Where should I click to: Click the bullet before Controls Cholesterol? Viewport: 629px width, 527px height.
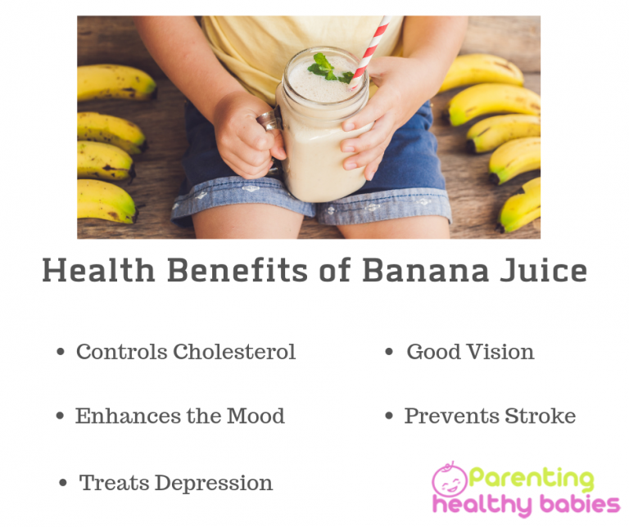[x=60, y=353]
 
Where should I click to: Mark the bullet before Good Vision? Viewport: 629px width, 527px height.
[x=390, y=353]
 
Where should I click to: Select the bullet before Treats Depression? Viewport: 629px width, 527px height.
[x=63, y=484]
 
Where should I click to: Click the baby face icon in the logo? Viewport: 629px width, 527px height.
[x=450, y=480]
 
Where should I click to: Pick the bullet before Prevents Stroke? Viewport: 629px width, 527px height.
[x=390, y=417]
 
